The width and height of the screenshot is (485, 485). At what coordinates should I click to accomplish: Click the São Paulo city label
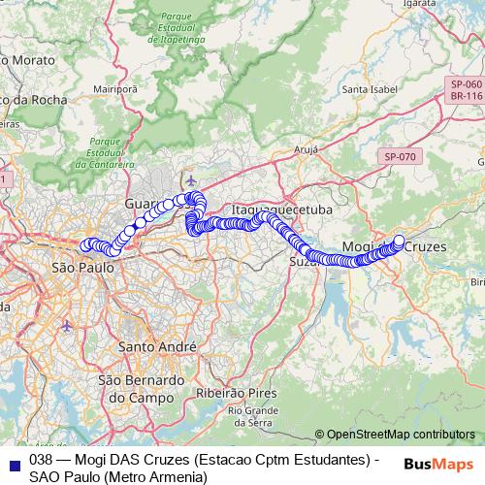click(77, 267)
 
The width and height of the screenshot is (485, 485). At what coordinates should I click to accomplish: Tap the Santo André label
click(156, 346)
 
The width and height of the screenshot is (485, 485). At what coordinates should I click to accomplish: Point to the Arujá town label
click(306, 152)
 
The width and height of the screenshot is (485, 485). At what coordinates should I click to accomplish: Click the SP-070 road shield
click(399, 156)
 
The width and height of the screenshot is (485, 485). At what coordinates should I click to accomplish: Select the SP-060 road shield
click(466, 85)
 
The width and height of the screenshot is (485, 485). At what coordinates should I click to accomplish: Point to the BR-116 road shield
click(466, 97)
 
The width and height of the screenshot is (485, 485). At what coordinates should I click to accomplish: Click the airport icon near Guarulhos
click(190, 180)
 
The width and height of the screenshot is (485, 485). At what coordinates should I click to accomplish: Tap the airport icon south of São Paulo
click(67, 325)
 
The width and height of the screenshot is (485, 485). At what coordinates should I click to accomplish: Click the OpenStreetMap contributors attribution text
click(401, 435)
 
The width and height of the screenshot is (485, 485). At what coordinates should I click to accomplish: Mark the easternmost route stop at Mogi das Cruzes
click(399, 240)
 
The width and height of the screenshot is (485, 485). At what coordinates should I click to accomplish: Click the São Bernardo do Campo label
click(138, 388)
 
